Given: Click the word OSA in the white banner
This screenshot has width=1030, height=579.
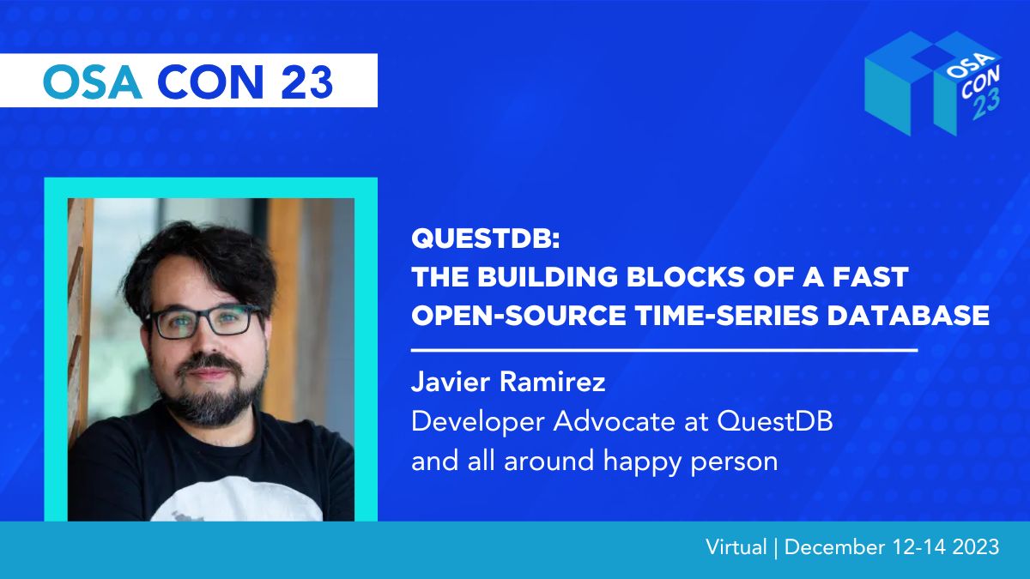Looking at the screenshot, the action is pyautogui.click(x=92, y=81).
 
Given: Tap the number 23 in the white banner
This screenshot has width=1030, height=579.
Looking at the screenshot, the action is pyautogui.click(x=306, y=81).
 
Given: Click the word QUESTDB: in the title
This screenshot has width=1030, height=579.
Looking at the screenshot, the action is pyautogui.click(x=486, y=238).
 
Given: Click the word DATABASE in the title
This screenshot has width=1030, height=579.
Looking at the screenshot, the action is pyautogui.click(x=908, y=316).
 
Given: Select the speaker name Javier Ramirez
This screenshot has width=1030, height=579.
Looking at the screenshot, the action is pyautogui.click(x=508, y=382).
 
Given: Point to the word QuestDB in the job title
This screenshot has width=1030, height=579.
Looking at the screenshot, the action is pyautogui.click(x=775, y=421).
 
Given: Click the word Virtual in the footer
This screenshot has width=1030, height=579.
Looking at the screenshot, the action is pyautogui.click(x=736, y=547).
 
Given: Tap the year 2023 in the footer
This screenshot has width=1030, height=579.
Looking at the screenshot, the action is pyautogui.click(x=976, y=547).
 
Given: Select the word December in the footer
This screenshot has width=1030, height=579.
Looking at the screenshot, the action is pyautogui.click(x=834, y=547).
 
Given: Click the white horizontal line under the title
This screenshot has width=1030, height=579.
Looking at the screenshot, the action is pyautogui.click(x=664, y=350).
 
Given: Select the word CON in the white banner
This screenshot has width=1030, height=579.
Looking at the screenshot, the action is pyautogui.click(x=210, y=81).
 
